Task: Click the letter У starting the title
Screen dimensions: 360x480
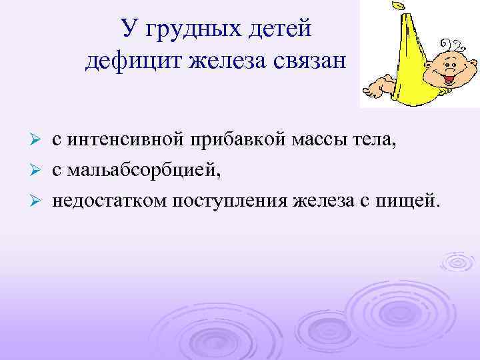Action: (x=129, y=29)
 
